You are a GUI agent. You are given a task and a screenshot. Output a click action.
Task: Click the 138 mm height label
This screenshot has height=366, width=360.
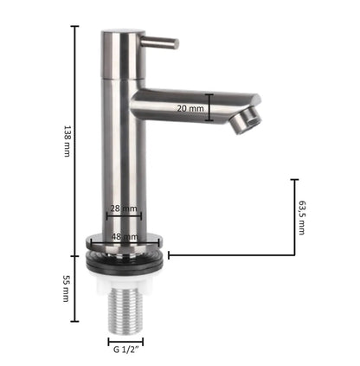[67, 141]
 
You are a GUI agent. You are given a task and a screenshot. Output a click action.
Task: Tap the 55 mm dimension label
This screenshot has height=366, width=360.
[67, 288]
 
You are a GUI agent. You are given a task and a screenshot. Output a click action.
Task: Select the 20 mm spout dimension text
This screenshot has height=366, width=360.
[190, 108]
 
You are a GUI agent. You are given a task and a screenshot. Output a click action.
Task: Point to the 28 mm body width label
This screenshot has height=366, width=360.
[124, 209]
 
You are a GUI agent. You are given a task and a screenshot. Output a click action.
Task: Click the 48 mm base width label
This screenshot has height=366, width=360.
[125, 237]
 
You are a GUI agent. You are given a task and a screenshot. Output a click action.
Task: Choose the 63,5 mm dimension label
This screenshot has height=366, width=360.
[302, 217]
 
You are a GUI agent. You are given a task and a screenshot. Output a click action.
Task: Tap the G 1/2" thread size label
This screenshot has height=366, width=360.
[126, 350]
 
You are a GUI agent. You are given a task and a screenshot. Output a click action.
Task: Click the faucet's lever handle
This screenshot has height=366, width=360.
[160, 43]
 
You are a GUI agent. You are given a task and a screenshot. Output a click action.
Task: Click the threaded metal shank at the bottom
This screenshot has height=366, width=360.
[125, 311]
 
